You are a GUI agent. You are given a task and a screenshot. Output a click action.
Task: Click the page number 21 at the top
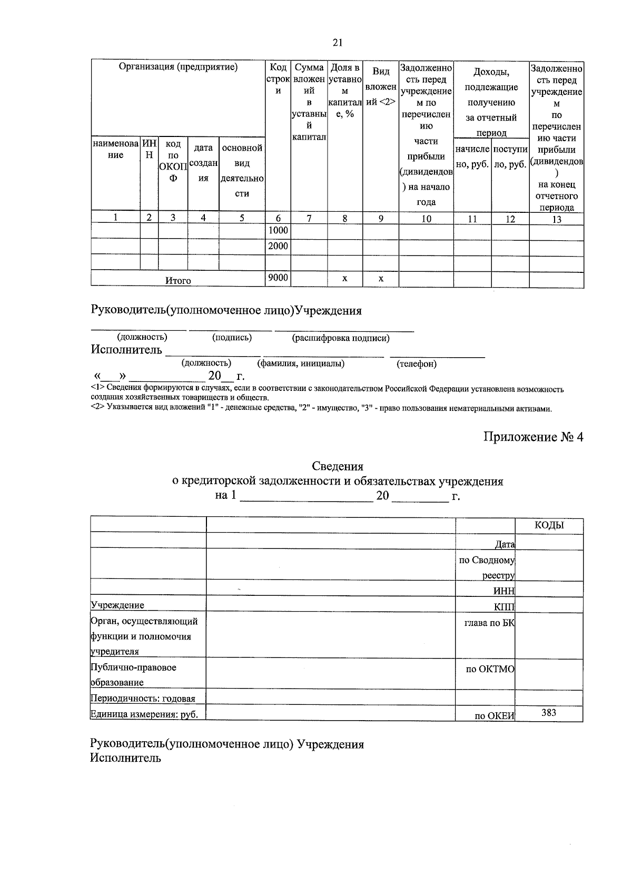pos(338,43)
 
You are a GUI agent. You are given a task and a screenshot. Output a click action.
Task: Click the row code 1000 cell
pos(278,231)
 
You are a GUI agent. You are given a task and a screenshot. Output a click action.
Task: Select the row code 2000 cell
pos(278,246)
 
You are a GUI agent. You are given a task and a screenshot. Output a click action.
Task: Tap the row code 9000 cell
pos(278,278)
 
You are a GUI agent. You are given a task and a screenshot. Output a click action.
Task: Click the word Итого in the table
pos(178,281)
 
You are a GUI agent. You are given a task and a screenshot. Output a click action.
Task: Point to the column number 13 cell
pos(556,219)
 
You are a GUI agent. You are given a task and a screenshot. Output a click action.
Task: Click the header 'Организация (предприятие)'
pos(178,67)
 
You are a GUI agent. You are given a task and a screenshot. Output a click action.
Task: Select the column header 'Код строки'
pos(278,79)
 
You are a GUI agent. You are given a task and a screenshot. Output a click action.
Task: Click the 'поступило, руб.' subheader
pos(510,157)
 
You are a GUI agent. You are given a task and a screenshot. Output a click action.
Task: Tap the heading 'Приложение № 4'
pos(534,437)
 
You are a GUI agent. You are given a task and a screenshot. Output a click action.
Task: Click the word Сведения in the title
pos(338,466)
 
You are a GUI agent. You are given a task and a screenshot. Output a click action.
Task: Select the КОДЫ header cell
pos(549,525)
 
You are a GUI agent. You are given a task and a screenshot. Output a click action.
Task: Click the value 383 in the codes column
pos(549,713)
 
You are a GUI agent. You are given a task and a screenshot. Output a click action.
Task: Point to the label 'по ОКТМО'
pos(490,670)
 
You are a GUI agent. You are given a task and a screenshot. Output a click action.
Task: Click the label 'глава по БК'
pos(489,623)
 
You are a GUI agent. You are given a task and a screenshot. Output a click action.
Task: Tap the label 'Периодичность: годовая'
pos(143,699)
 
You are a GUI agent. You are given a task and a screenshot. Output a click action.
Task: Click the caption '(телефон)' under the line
pos(417,364)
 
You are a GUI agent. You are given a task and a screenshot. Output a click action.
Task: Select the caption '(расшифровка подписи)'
pos(341,338)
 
